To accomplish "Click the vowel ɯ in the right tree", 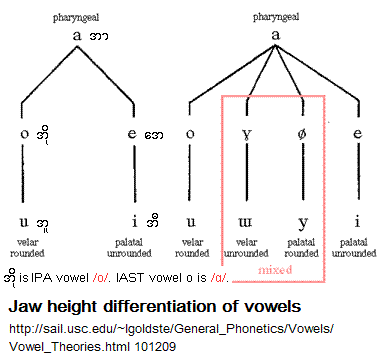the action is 246,222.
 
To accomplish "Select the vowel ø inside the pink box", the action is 302,134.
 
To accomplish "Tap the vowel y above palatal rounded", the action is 303,224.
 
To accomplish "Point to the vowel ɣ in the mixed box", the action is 247,134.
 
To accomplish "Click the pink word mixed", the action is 275,269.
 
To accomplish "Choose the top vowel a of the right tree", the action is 275,34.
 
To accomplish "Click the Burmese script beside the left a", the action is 99,36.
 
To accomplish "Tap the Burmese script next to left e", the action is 154,135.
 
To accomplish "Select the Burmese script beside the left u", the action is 43,224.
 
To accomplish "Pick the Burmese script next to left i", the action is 153,220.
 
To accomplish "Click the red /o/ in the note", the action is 101,277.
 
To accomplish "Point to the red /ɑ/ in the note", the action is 220,277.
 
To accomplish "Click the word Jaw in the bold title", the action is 25,306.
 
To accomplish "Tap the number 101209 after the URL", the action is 155,347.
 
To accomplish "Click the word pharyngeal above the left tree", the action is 76,17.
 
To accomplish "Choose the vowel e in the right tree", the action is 358,133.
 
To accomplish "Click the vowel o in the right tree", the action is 190,134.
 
